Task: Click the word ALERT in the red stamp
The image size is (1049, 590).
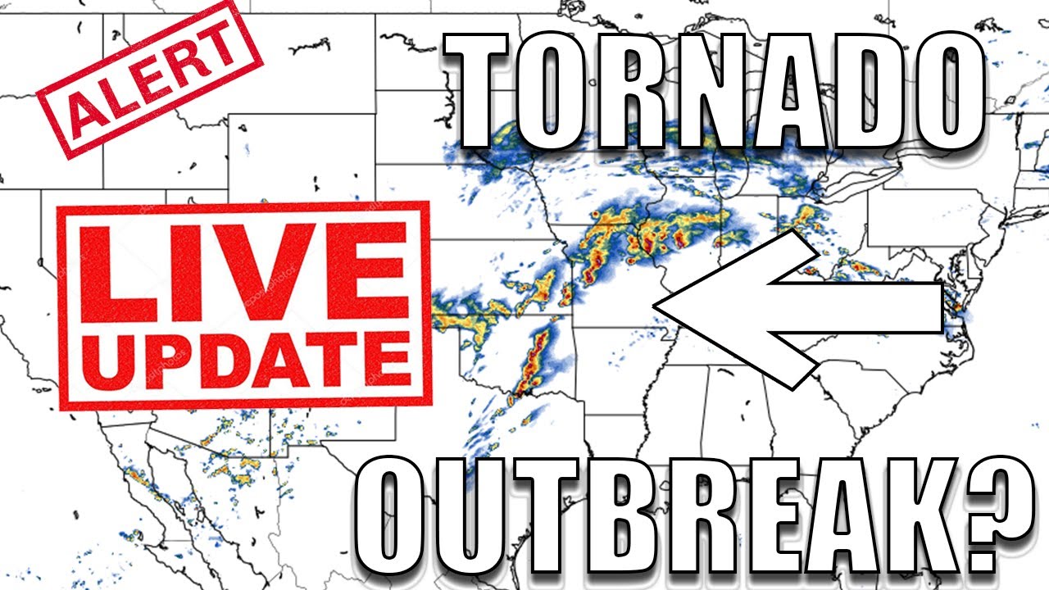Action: click(x=150, y=80)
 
